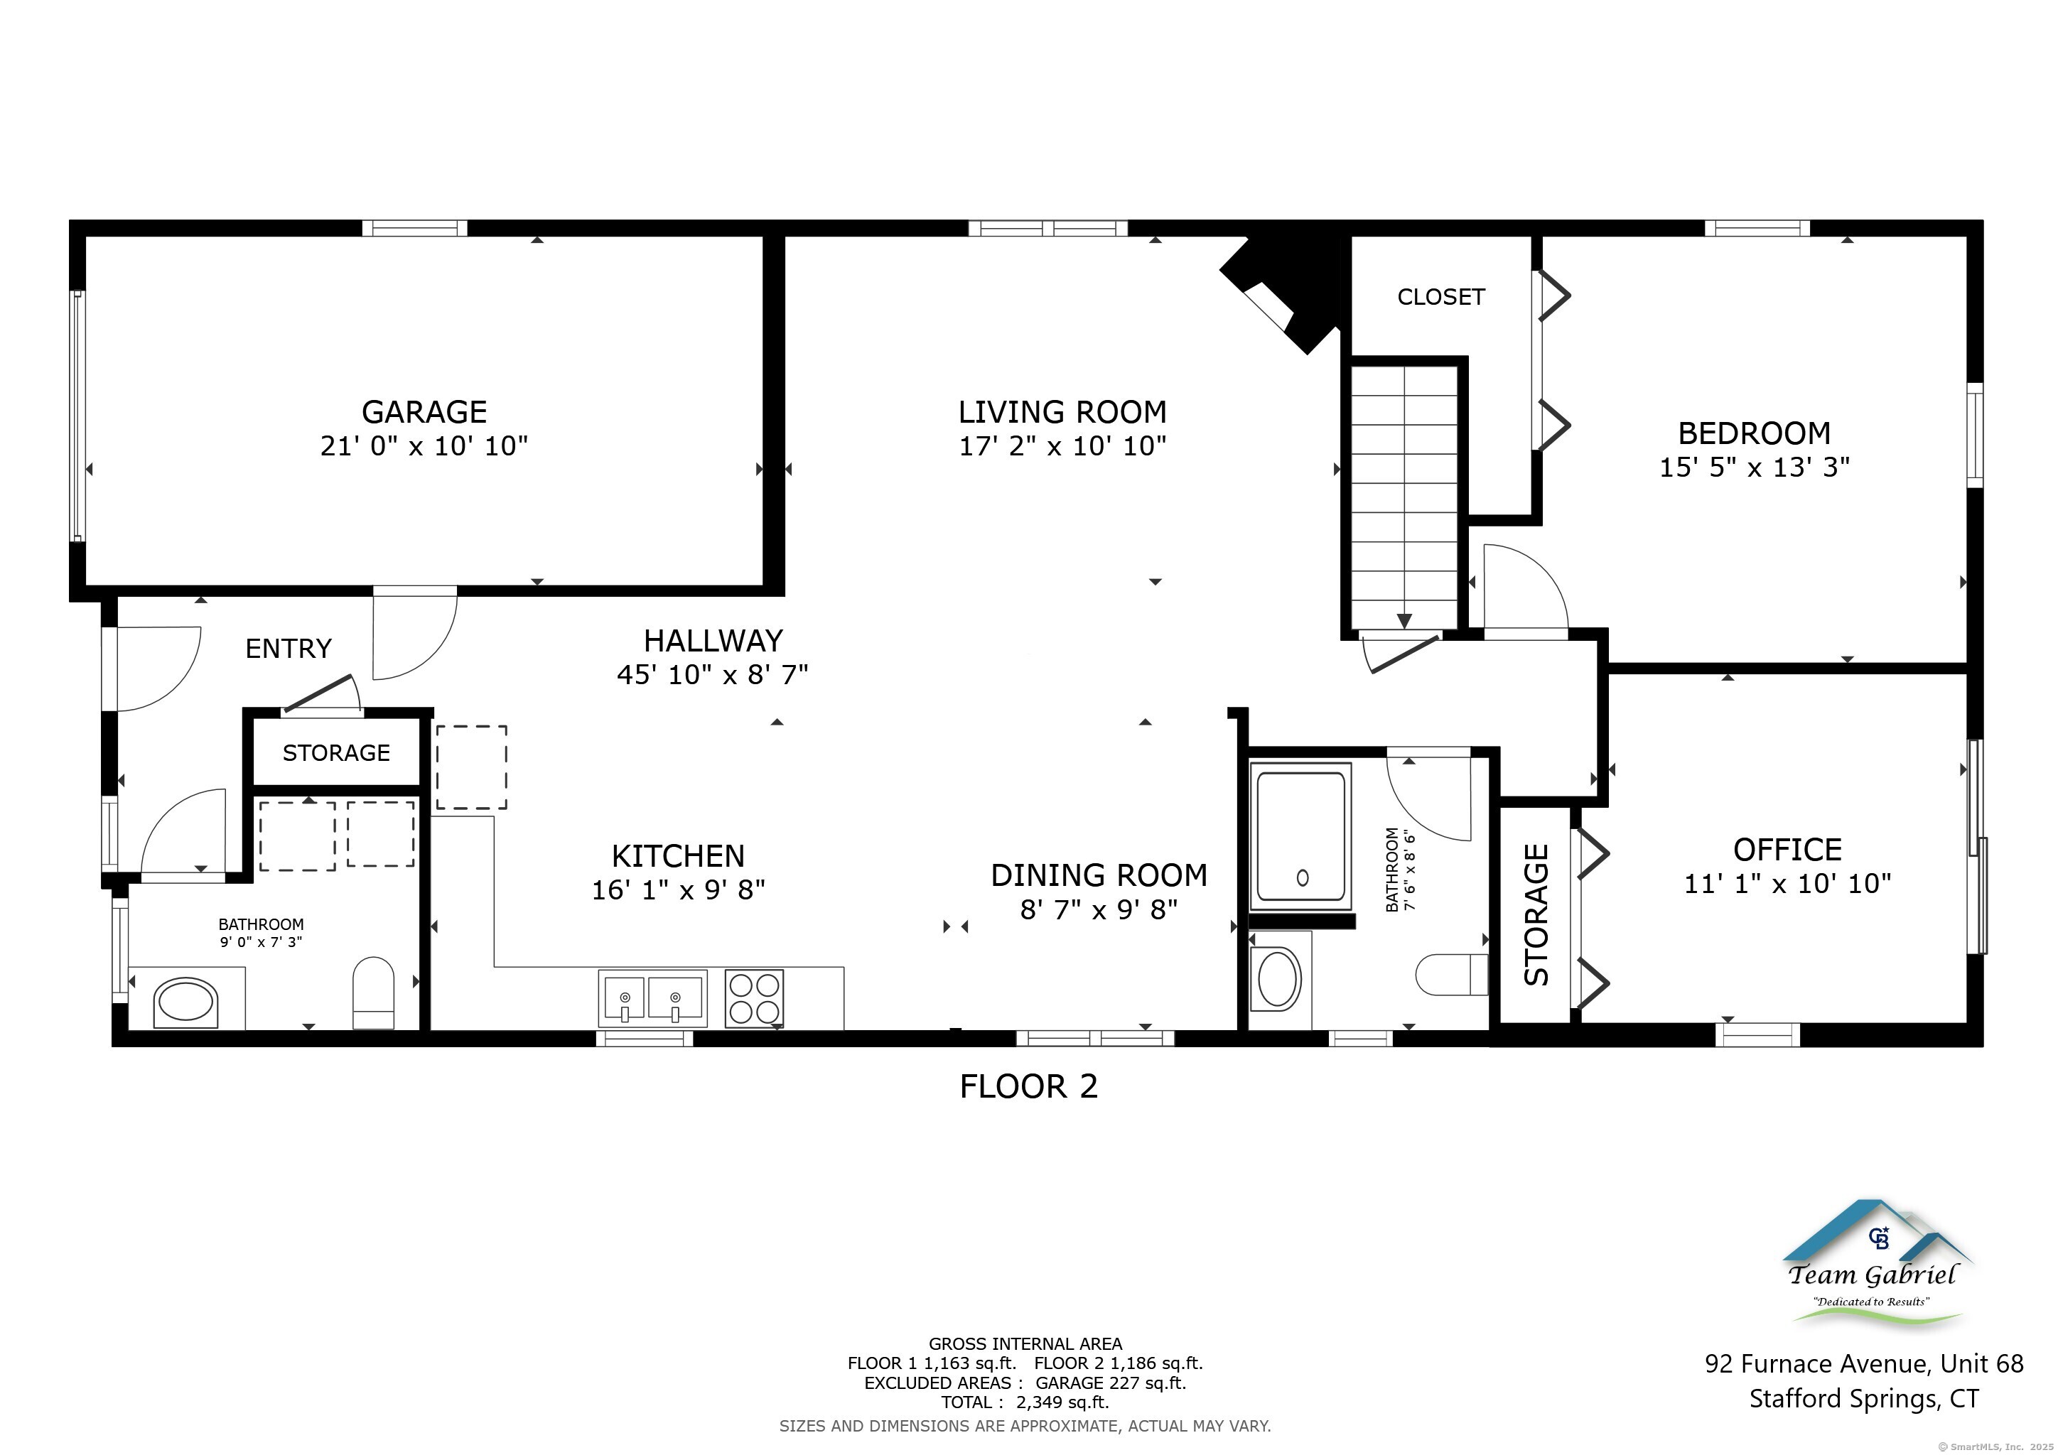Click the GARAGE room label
(x=424, y=412)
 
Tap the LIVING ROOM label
(x=1062, y=412)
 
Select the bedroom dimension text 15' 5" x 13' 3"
(x=1754, y=467)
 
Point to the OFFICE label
(x=1787, y=850)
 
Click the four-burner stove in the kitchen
(x=754, y=998)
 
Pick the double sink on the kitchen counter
(x=652, y=998)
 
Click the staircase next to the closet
(x=1404, y=498)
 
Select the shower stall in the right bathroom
(x=1301, y=837)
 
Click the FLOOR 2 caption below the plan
(x=1028, y=1087)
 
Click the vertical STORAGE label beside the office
(x=1536, y=915)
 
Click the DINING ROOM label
(x=1099, y=875)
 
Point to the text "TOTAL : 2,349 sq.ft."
(x=1025, y=1402)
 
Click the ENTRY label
(x=289, y=649)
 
